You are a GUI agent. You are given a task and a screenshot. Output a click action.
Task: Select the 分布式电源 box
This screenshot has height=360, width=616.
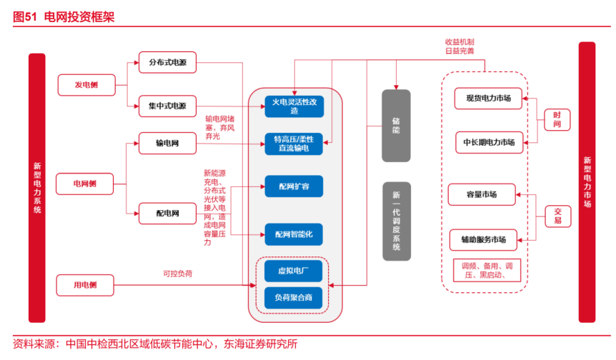(167, 62)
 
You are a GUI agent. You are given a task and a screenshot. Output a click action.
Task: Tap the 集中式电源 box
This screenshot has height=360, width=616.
(167, 106)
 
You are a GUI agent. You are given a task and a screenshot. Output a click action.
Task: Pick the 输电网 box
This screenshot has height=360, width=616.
(167, 144)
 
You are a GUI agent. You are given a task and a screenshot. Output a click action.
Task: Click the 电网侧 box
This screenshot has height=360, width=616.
(84, 184)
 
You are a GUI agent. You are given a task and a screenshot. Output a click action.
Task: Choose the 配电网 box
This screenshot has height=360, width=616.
(167, 213)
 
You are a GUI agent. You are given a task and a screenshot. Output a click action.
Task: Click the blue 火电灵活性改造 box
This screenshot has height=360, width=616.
(294, 106)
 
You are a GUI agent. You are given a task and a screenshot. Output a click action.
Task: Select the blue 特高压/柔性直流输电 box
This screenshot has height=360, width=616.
(294, 144)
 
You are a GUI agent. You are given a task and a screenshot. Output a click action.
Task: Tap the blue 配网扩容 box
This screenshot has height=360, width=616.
(294, 186)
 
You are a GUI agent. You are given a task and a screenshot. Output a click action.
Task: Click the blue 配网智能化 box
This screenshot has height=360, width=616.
(294, 234)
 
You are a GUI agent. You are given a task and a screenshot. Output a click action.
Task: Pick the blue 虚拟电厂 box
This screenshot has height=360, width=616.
(294, 271)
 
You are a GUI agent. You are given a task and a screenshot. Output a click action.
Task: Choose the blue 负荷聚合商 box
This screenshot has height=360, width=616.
(294, 296)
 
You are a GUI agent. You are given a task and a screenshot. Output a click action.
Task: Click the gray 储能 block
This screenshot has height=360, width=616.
(396, 125)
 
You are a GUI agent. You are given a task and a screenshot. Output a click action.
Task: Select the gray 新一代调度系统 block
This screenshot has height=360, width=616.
(396, 221)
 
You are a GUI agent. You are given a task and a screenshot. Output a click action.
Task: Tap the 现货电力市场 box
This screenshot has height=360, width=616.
(488, 99)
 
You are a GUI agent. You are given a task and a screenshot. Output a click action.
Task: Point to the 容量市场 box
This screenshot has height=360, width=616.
(482, 194)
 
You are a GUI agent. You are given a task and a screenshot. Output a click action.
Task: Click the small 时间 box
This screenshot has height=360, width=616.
(557, 119)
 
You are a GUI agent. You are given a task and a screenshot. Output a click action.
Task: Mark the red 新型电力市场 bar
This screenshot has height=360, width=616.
(587, 182)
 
